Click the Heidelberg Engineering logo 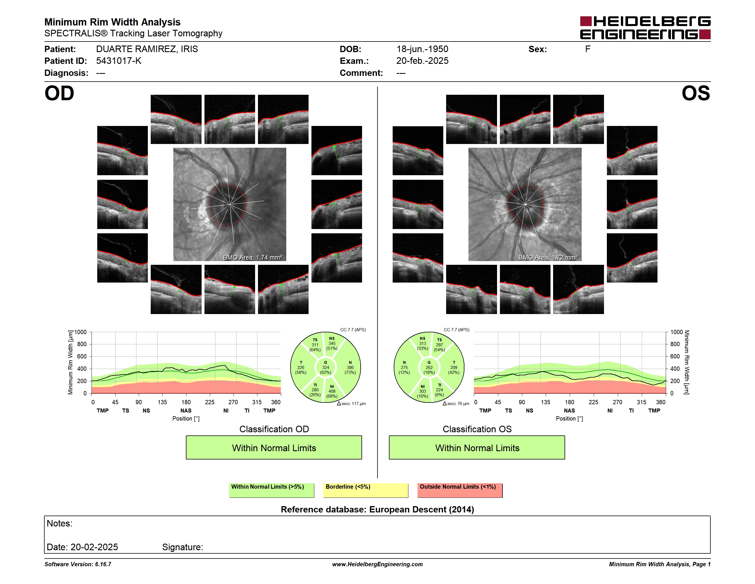click(x=645, y=28)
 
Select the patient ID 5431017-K click(x=119, y=61)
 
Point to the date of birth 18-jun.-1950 click(x=422, y=49)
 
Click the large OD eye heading click(x=59, y=93)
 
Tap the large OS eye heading click(x=696, y=93)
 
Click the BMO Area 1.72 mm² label click(x=548, y=257)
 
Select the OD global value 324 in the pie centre click(x=325, y=367)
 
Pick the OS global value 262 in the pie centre click(x=429, y=367)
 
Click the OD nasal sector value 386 click(x=350, y=367)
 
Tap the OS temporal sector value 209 click(x=454, y=367)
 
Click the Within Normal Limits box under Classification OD click(x=274, y=448)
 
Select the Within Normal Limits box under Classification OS click(x=477, y=448)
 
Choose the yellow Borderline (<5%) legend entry click(x=366, y=490)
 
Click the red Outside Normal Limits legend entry click(x=460, y=490)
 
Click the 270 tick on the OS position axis click(x=617, y=402)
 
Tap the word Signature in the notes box click(x=182, y=547)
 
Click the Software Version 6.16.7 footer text click(x=78, y=564)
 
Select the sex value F click(x=588, y=49)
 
